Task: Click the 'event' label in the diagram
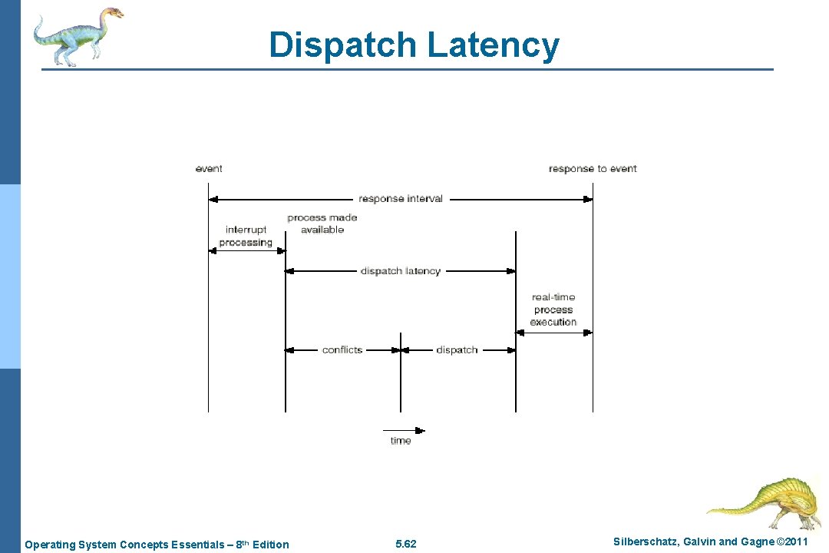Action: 209,168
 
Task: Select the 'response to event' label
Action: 593,168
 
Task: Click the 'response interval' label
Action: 401,199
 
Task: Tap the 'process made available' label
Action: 322,224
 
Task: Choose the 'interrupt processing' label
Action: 246,236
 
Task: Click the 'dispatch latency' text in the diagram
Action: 401,271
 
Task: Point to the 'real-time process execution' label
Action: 553,310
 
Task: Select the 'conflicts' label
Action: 342,350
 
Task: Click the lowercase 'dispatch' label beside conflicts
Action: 457,350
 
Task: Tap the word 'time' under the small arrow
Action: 401,441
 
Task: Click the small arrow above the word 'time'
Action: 404,430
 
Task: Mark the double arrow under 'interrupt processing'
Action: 247,250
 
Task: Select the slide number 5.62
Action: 405,545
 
